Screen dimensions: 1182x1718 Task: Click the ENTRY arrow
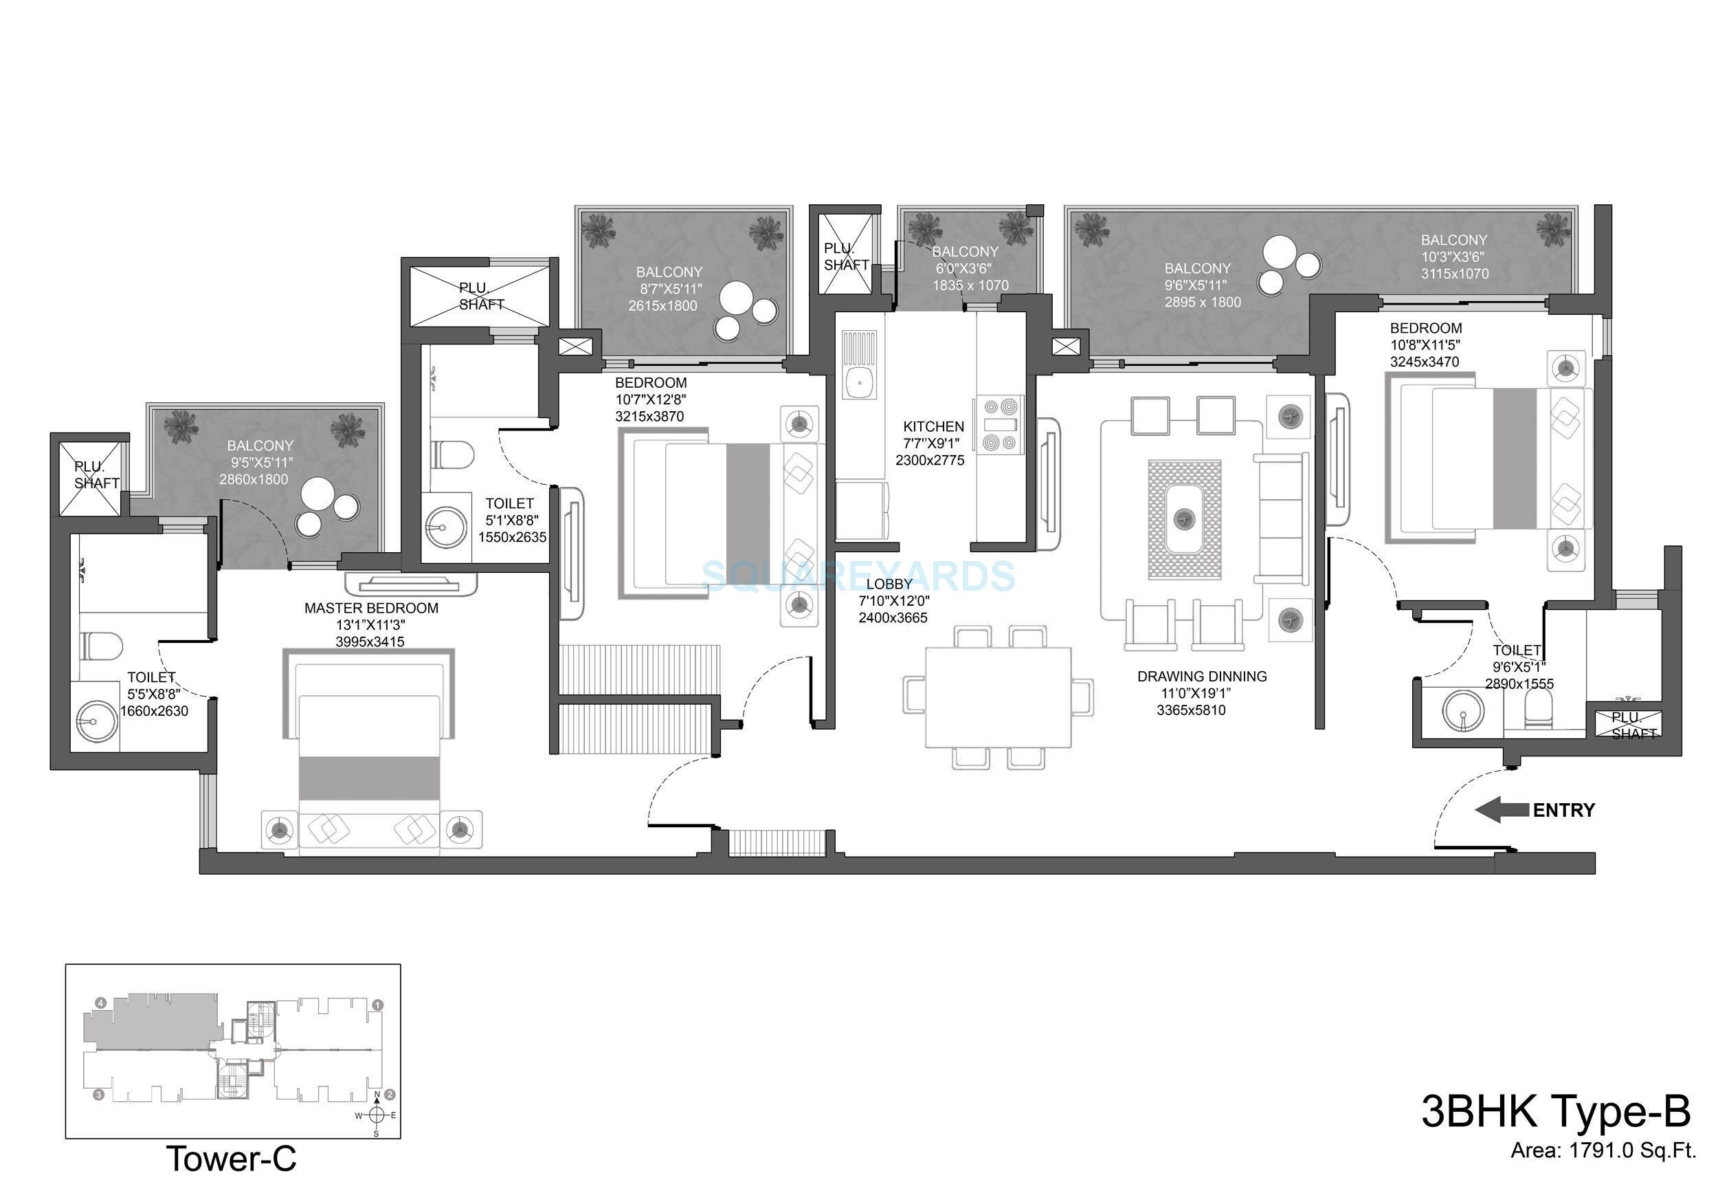[1502, 809]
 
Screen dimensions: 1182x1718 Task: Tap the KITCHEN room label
[933, 426]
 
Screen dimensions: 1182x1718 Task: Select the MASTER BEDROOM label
[371, 608]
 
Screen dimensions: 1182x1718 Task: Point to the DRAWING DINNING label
[1201, 676]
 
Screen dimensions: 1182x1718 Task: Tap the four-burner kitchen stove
[999, 424]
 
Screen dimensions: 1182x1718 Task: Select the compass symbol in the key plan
[376, 1115]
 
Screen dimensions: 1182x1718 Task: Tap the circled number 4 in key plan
[100, 1003]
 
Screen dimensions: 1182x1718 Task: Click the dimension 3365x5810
[1191, 710]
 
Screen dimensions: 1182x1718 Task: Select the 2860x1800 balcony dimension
[253, 479]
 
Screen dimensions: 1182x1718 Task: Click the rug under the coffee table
[1184, 519]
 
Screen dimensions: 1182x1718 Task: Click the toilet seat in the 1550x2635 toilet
[451, 455]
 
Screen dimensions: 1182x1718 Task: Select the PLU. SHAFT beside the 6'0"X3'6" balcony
[846, 256]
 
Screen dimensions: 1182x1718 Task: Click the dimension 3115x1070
[1455, 273]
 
